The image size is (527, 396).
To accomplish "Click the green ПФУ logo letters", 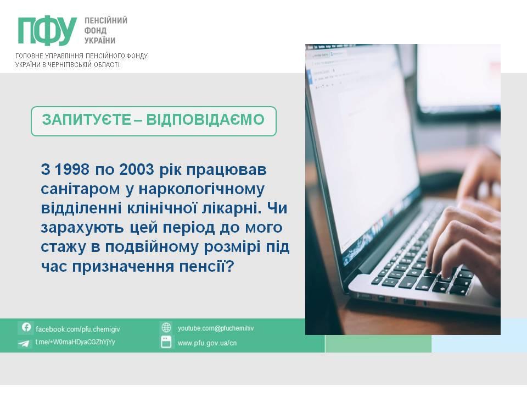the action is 47,31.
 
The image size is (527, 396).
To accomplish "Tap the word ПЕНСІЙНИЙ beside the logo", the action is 106,20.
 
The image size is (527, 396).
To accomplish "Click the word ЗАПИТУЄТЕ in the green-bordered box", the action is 86,120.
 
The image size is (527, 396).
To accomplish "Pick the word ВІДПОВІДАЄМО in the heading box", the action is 205,120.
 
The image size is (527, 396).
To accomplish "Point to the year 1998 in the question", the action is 71,169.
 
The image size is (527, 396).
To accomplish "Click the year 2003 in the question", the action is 137,169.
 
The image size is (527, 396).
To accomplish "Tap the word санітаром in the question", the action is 80,189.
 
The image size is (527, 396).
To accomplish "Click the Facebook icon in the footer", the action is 26,327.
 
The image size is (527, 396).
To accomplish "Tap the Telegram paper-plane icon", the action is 24,343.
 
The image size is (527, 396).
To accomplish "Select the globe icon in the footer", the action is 166,327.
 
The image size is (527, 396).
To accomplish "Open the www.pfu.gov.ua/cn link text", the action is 207,343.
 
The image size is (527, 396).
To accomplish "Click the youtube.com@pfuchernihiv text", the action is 216,328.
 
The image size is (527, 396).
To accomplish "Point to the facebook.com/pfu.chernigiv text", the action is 77,329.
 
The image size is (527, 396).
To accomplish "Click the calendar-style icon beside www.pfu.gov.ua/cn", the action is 166,342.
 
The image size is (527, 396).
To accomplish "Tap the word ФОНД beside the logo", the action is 95,31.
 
